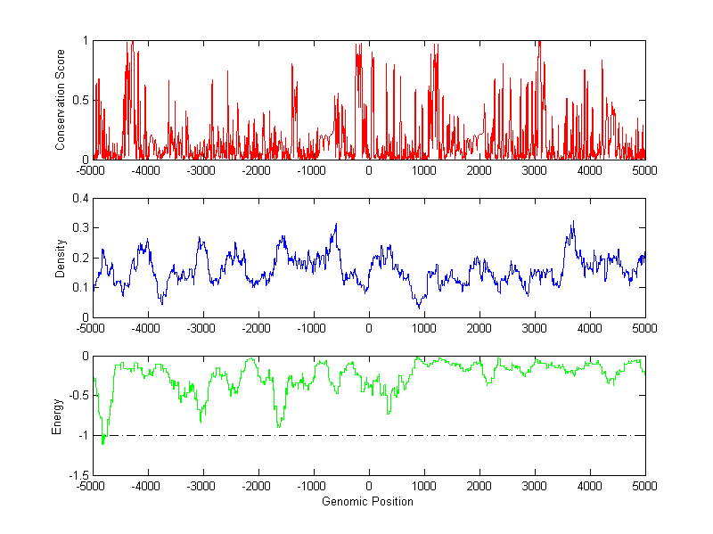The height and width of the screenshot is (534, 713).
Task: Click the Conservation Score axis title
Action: click(x=61, y=100)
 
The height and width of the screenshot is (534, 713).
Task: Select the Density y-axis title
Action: click(x=61, y=258)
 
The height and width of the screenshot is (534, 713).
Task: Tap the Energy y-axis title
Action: click(x=57, y=415)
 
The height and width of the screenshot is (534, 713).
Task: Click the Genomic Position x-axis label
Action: click(x=368, y=501)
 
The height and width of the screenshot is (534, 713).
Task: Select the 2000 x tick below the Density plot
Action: click(x=479, y=327)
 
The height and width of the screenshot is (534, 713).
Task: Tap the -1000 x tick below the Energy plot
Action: click(x=313, y=486)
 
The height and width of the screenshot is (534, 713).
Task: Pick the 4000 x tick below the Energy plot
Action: click(x=590, y=486)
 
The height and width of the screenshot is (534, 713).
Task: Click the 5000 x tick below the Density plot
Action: click(x=644, y=327)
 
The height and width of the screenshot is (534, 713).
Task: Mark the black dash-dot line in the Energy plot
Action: click(x=374, y=435)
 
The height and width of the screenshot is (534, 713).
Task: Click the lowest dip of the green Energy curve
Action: click(x=103, y=443)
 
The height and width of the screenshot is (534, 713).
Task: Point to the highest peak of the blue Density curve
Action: click(x=573, y=222)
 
